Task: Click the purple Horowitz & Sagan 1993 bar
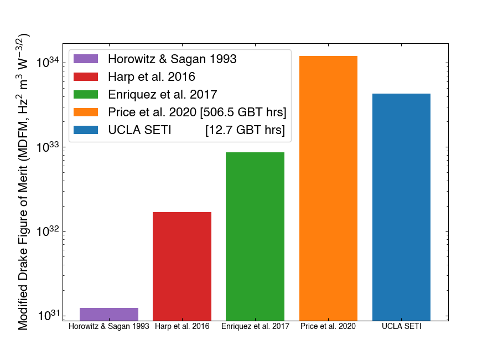point(109,314)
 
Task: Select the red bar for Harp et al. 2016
point(182,266)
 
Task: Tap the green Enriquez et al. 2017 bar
point(255,236)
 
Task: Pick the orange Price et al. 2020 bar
point(328,188)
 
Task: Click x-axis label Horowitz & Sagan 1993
point(109,327)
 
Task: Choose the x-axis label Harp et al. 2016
point(182,327)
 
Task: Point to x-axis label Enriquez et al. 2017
point(255,327)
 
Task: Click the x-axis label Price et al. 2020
point(328,327)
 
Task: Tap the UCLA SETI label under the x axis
point(401,327)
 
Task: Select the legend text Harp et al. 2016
point(152,77)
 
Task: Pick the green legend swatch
point(86,95)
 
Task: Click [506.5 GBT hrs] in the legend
point(243,112)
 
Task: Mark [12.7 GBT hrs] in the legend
point(245,130)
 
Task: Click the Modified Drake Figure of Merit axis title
point(23,183)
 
